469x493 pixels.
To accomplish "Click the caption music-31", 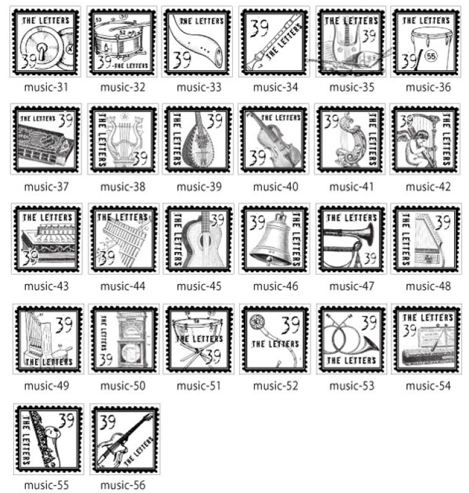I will tap(46, 87).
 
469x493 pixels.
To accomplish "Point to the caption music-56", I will tap(122, 485).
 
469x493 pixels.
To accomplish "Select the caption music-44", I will tap(122, 286).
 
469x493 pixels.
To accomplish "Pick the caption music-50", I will tap(122, 386).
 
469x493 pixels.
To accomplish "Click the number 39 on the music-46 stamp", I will tap(257, 221).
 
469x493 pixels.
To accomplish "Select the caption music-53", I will tap(351, 386).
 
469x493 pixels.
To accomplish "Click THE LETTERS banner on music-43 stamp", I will tap(47, 218).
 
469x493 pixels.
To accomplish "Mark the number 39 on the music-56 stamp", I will tap(108, 422).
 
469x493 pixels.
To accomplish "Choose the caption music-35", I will tap(351, 87).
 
